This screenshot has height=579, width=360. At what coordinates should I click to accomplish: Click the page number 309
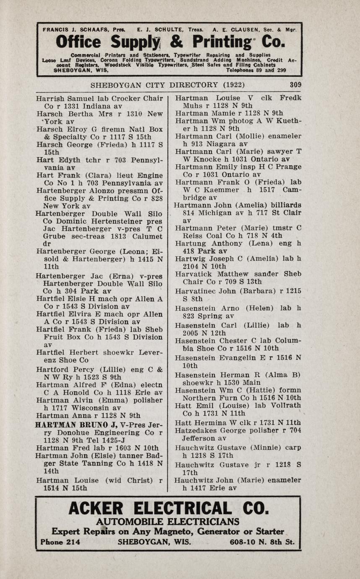[295, 84]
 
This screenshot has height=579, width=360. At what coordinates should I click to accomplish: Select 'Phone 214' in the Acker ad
[60, 542]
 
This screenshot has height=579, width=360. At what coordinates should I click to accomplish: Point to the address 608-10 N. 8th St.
[262, 542]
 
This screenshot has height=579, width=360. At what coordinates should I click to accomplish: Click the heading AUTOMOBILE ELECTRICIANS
[167, 522]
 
